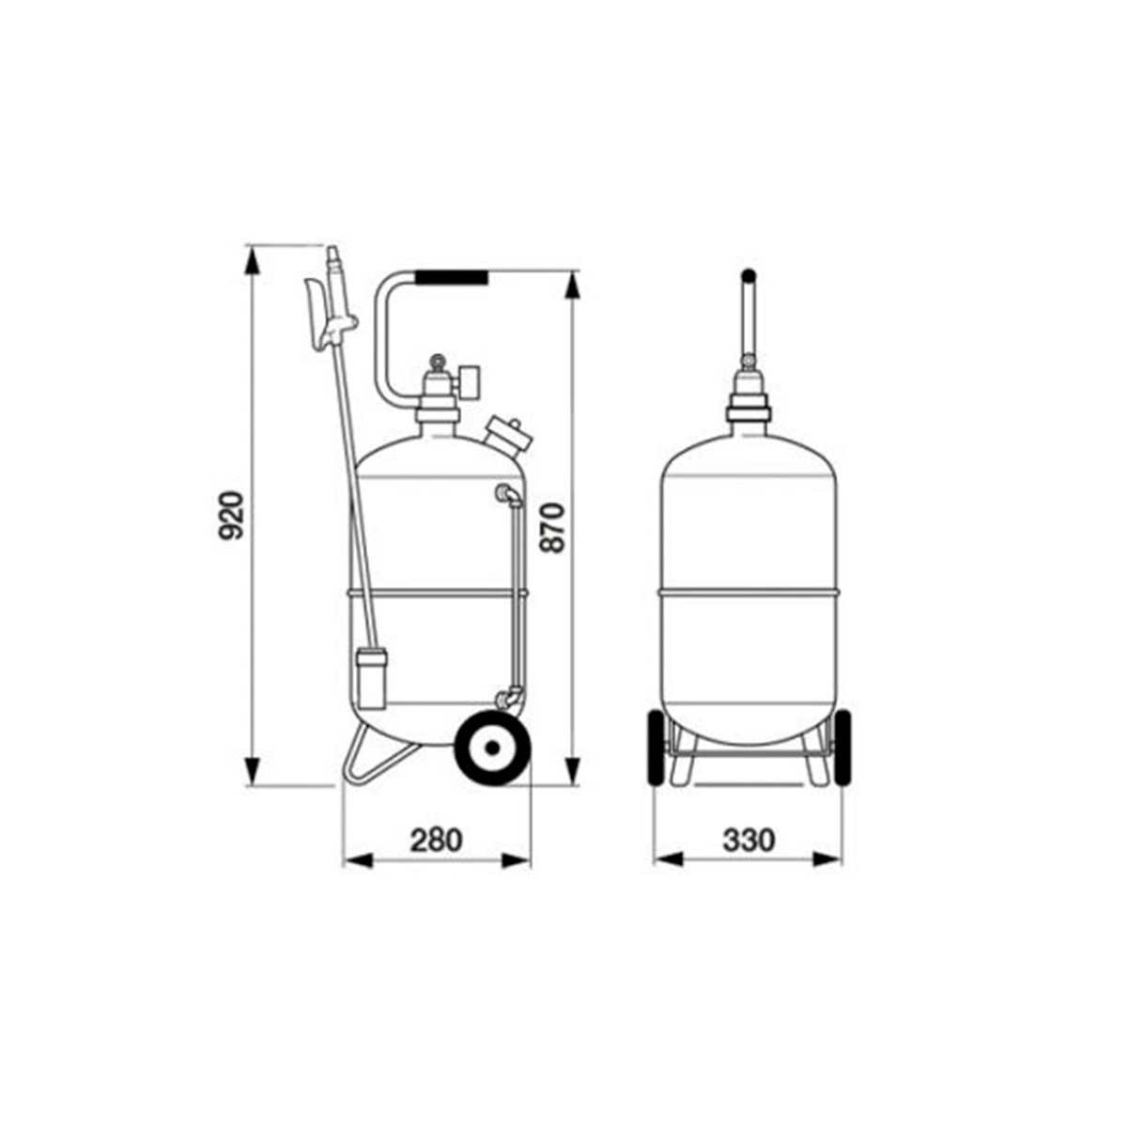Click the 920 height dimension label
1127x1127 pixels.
click(230, 516)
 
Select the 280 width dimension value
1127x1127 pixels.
click(437, 841)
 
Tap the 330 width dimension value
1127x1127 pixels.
click(749, 841)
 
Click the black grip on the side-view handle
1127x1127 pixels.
click(452, 277)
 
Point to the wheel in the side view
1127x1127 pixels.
click(493, 748)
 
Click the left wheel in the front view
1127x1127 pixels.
click(656, 749)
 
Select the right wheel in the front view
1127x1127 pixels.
click(842, 749)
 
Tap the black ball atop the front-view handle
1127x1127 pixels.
click(749, 275)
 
